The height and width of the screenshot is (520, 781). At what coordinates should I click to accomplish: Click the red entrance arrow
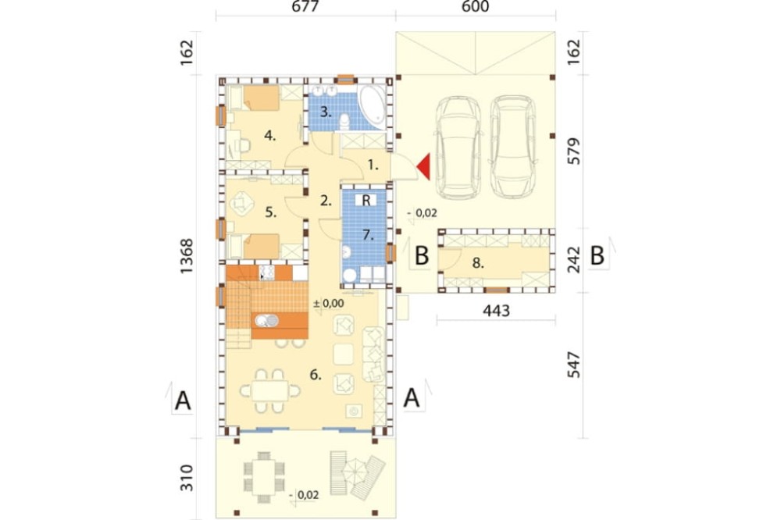point(424,166)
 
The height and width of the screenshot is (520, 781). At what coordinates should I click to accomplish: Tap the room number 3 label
point(325,112)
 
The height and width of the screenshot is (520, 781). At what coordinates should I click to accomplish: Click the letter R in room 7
point(366,200)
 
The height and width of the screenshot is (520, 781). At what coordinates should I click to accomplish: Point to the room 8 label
point(478,263)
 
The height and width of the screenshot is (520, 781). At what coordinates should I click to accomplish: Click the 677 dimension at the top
point(305,6)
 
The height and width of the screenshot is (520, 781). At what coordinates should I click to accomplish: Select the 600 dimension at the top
point(475,6)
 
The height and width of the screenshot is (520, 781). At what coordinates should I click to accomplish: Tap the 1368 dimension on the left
point(187,256)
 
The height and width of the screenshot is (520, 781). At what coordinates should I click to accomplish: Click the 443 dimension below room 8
point(496,311)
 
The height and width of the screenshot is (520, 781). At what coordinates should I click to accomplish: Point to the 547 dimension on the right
point(574,365)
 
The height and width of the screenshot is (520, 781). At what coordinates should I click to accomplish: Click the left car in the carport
point(458,148)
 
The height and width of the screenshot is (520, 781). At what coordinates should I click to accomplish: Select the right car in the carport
point(513,146)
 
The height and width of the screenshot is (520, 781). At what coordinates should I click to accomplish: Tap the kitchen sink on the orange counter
point(267,320)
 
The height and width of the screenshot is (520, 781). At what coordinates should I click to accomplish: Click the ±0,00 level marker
point(329,303)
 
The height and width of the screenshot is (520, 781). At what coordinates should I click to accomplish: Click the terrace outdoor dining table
point(264,476)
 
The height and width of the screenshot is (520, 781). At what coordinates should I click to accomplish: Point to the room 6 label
point(315,375)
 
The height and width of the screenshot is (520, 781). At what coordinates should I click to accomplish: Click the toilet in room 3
point(343,122)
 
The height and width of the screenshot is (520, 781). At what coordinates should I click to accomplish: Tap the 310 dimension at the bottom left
point(187,478)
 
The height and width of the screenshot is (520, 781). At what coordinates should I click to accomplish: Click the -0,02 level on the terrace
point(304,495)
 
